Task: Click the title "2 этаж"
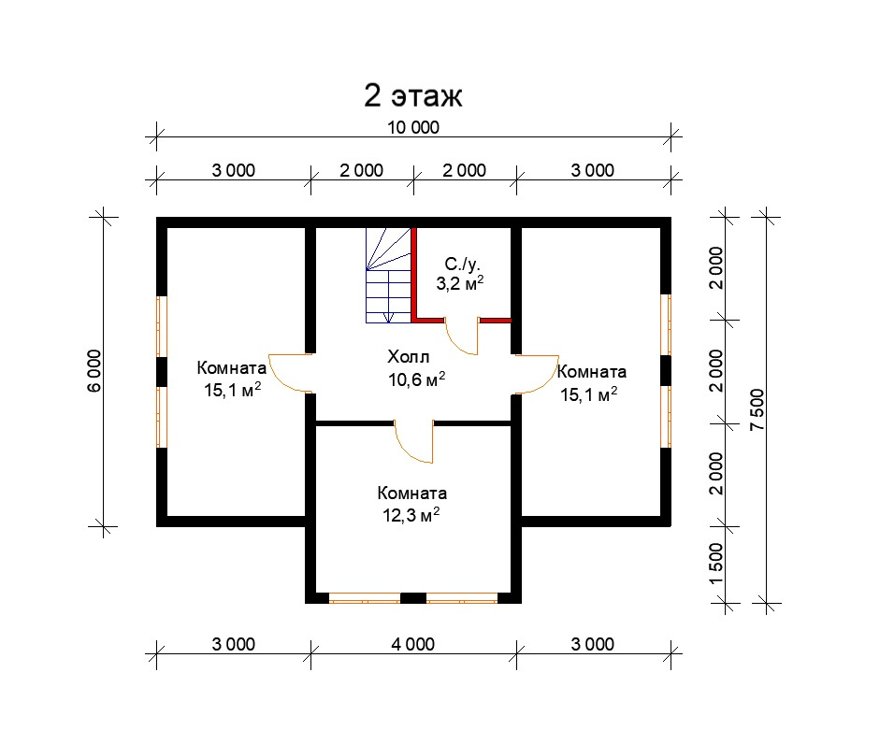(413, 95)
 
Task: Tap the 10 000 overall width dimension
(413, 127)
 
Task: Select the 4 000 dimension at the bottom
(412, 644)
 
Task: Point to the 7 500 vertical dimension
(757, 409)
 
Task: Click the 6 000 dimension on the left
(94, 371)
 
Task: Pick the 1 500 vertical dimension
(715, 564)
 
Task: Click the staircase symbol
(388, 275)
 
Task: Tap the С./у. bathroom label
(462, 265)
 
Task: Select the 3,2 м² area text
(460, 283)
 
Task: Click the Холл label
(409, 357)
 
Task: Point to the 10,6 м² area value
(417, 379)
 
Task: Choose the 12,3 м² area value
(411, 515)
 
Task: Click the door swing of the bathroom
(462, 337)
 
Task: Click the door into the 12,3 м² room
(412, 443)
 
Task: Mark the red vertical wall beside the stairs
(414, 274)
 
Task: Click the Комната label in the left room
(232, 368)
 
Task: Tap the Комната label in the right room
(592, 372)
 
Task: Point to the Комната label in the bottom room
(412, 493)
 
